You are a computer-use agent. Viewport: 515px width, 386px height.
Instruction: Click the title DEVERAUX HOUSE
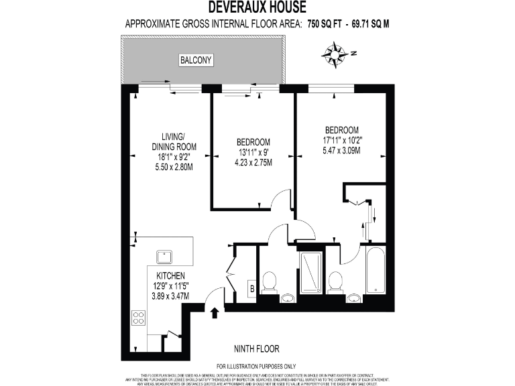(257, 8)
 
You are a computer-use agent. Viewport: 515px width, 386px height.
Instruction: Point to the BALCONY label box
(196, 61)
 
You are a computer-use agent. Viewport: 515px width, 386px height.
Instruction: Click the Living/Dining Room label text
(173, 141)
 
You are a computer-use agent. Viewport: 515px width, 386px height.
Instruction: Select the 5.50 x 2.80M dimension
(173, 166)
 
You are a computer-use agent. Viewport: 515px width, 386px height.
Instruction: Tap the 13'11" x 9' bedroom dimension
(253, 152)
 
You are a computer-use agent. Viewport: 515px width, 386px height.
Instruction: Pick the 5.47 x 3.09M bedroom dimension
(341, 151)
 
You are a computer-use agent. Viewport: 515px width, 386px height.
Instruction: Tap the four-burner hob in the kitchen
(139, 318)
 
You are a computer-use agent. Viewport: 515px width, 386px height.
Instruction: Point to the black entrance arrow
(215, 313)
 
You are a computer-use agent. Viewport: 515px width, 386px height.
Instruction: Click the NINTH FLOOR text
(256, 348)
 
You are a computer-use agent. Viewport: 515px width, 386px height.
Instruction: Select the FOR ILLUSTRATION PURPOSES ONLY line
(256, 366)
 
